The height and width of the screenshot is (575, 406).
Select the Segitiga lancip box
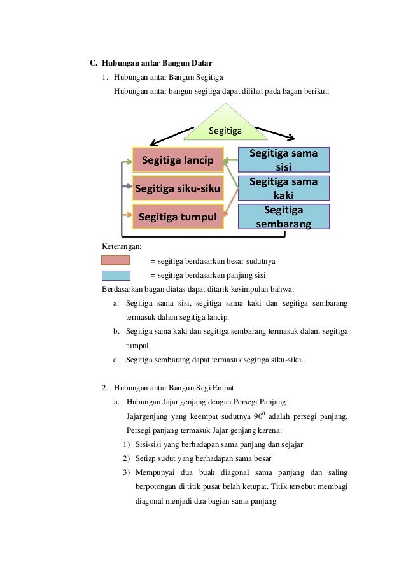178,160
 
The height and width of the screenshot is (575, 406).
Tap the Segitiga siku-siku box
178,188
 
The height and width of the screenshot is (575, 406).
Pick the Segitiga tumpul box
178,217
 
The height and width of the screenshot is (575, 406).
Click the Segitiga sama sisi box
283,160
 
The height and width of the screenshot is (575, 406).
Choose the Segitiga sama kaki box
283,188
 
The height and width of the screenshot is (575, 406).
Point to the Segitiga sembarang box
283,217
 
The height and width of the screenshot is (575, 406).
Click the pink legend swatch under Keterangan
116,260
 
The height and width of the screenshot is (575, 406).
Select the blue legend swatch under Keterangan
116,275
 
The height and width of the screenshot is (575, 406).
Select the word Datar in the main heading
197,63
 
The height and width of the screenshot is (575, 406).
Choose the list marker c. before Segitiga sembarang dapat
117,360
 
